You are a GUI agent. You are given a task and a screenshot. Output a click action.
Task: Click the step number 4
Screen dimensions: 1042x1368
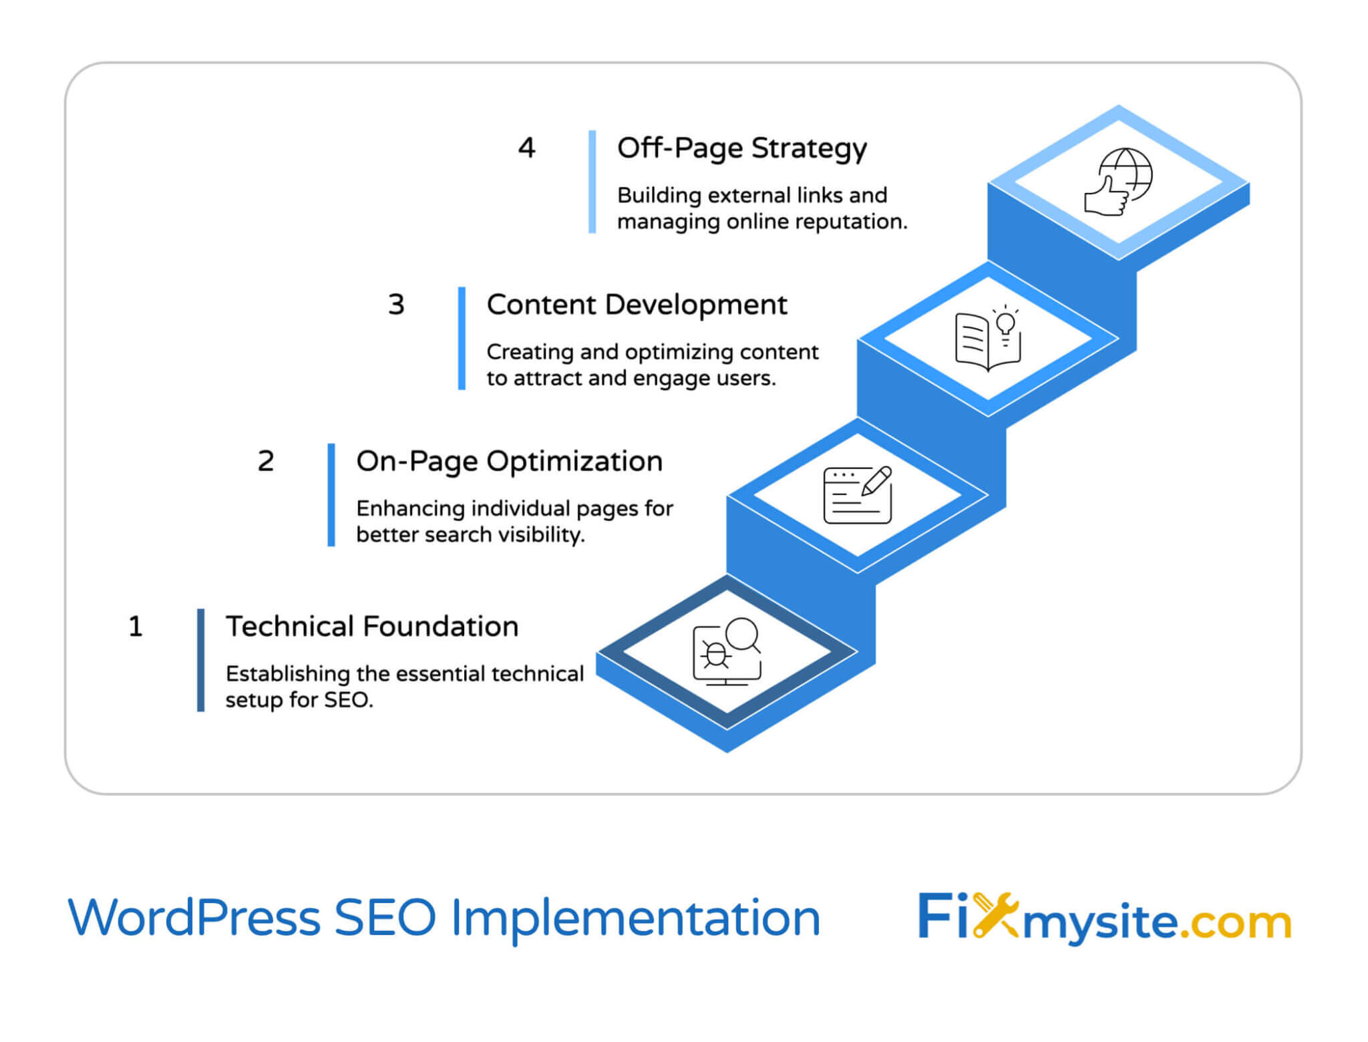pyautogui.click(x=526, y=148)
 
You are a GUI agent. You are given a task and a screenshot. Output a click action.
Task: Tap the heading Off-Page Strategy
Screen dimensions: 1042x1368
pyautogui.click(x=741, y=148)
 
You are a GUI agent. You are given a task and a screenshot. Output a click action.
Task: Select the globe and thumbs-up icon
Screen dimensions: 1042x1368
pyautogui.click(x=1118, y=182)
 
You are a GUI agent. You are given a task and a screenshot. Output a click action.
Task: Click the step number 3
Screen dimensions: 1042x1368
pyautogui.click(x=396, y=305)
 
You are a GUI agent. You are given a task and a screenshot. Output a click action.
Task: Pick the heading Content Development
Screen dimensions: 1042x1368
pyautogui.click(x=637, y=305)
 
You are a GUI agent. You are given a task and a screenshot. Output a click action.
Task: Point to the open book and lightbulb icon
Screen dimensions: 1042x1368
pyautogui.click(x=988, y=338)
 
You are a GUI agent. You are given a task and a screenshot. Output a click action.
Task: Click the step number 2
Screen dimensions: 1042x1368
pyautogui.click(x=266, y=461)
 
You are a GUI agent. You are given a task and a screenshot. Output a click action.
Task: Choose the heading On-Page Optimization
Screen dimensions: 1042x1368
pyautogui.click(x=509, y=462)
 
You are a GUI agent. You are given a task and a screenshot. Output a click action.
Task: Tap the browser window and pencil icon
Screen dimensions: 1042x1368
pyautogui.click(x=858, y=495)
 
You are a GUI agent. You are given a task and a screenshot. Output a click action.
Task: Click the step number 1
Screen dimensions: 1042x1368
pyautogui.click(x=136, y=627)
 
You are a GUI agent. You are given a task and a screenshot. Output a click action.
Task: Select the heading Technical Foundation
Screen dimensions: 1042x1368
pyautogui.click(x=372, y=627)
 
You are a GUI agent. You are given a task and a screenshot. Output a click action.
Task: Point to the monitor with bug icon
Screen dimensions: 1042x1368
pyautogui.click(x=727, y=651)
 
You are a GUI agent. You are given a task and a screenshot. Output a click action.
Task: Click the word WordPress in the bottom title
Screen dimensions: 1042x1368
pyautogui.click(x=194, y=918)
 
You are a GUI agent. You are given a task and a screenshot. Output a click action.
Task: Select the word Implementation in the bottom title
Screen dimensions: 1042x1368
pyautogui.click(x=635, y=919)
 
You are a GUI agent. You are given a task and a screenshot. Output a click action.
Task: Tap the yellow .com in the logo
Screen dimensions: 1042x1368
pyautogui.click(x=1235, y=922)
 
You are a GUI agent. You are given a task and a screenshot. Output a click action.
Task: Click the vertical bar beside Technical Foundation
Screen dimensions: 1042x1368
pyautogui.click(x=200, y=660)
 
